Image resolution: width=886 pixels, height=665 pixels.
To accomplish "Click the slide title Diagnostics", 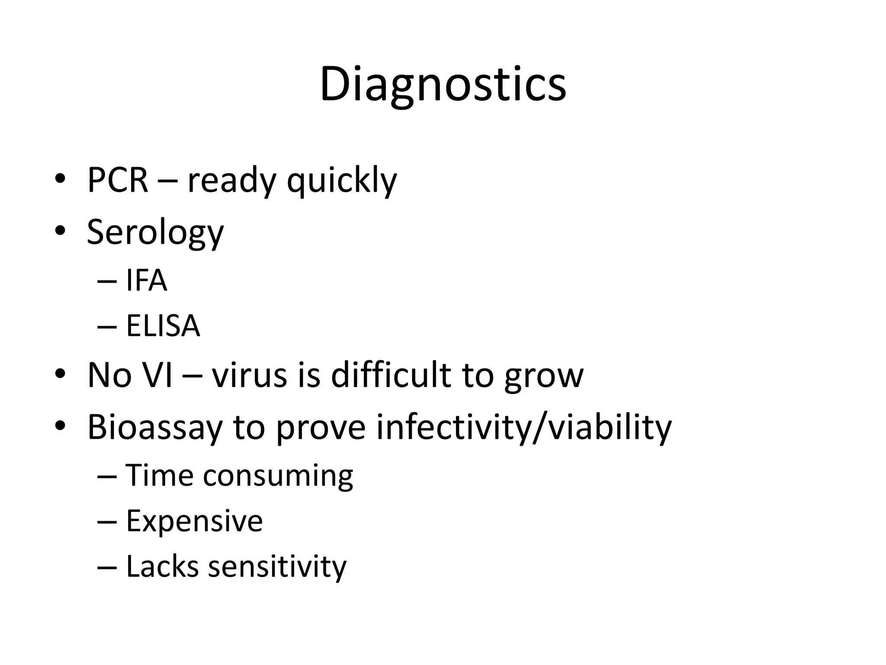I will pyautogui.click(x=443, y=84).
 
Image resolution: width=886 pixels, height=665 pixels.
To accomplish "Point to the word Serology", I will pyautogui.click(x=155, y=233).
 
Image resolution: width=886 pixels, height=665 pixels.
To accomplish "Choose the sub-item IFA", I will pyautogui.click(x=146, y=281).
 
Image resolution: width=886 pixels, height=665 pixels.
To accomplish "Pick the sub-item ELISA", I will pyautogui.click(x=163, y=326).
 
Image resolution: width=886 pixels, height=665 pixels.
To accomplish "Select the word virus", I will pyautogui.click(x=249, y=375).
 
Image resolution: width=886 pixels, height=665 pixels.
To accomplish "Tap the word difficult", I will pyautogui.click(x=391, y=375).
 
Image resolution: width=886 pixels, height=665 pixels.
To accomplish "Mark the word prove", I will pyautogui.click(x=321, y=429).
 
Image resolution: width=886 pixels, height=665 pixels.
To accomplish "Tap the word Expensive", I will pyautogui.click(x=194, y=521).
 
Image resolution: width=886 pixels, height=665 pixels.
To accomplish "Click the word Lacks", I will pyautogui.click(x=162, y=566).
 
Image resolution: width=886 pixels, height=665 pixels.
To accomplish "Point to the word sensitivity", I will pyautogui.click(x=277, y=567).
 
